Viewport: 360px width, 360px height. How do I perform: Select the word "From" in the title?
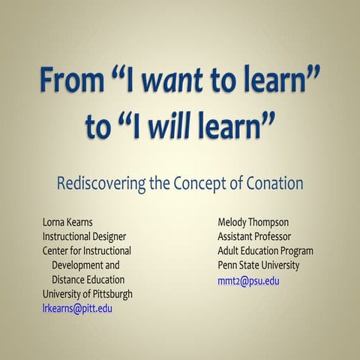click(64, 78)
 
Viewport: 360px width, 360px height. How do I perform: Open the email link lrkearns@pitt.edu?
click(77, 307)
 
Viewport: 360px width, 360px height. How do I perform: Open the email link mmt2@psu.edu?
click(248, 280)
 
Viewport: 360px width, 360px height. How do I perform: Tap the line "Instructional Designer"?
click(87, 237)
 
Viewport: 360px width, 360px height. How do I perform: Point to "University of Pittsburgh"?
click(87, 293)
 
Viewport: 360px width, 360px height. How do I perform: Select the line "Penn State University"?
click(259, 265)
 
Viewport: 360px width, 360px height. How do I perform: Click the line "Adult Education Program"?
click(265, 251)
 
